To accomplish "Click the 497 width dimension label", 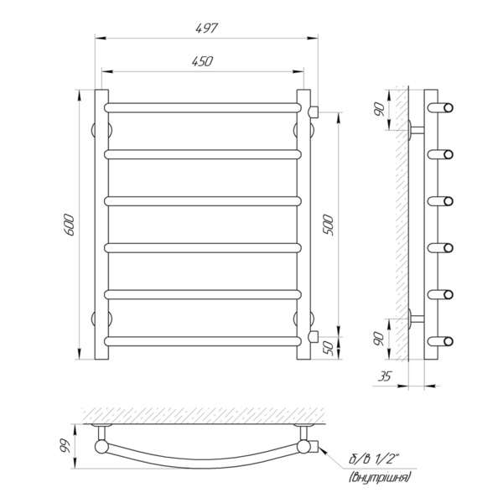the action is coord(206,28).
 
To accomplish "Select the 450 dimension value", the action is coord(202,61).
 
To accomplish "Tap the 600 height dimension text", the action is coord(70,225).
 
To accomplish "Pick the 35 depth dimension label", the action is coord(385,376).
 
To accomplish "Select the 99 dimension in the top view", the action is coord(65,446).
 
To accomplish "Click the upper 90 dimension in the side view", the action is coord(379,109).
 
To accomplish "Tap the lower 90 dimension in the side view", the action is coord(379,339).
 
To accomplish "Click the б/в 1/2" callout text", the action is coord(374,459).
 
